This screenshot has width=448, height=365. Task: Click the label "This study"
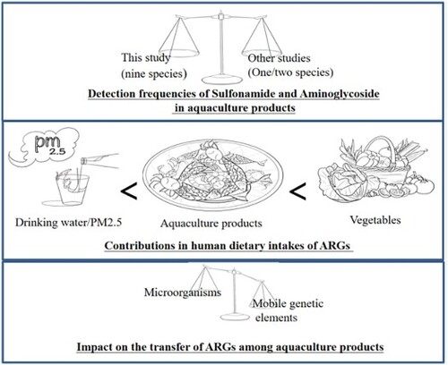[146, 57]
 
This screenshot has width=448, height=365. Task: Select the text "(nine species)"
[154, 73]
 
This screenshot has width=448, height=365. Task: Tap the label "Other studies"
[279, 58]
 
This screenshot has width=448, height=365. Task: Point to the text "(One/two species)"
[290, 72]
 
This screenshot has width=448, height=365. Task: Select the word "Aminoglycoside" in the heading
[340, 94]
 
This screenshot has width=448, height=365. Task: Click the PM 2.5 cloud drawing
[44, 147]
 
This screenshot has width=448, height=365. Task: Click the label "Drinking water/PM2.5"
[68, 223]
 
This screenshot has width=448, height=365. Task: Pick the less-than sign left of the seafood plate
[129, 192]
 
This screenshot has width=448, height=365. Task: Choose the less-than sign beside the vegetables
[297, 191]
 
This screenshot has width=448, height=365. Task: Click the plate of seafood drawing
[212, 176]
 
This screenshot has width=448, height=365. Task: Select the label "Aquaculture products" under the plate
[211, 224]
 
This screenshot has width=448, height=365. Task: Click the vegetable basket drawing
[375, 168]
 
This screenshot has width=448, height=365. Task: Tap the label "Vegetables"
[375, 220]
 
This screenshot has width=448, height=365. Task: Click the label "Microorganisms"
[183, 293]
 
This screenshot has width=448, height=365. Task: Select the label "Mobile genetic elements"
[289, 310]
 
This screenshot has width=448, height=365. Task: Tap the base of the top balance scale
[222, 80]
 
